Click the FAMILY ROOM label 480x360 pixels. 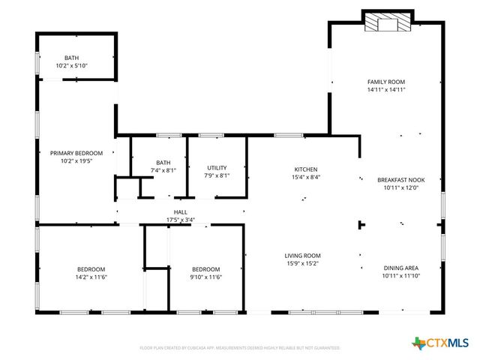(386, 81)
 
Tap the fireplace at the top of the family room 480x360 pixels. (387, 23)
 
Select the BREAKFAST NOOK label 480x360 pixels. (400, 180)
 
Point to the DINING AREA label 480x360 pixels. (400, 268)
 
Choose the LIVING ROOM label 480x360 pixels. (302, 255)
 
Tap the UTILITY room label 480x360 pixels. (217, 168)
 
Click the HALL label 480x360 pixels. (180, 212)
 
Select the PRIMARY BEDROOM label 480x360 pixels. (76, 153)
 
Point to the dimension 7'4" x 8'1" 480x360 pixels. (163, 170)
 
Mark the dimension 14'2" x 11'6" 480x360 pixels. (91, 277)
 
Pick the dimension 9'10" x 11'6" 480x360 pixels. (205, 277)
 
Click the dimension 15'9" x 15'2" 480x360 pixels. (302, 263)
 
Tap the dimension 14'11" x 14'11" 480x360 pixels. (386, 89)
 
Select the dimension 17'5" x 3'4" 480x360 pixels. (180, 220)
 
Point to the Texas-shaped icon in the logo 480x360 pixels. (418, 343)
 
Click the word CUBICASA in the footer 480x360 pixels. (198, 348)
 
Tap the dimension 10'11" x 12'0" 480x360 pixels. (400, 188)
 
